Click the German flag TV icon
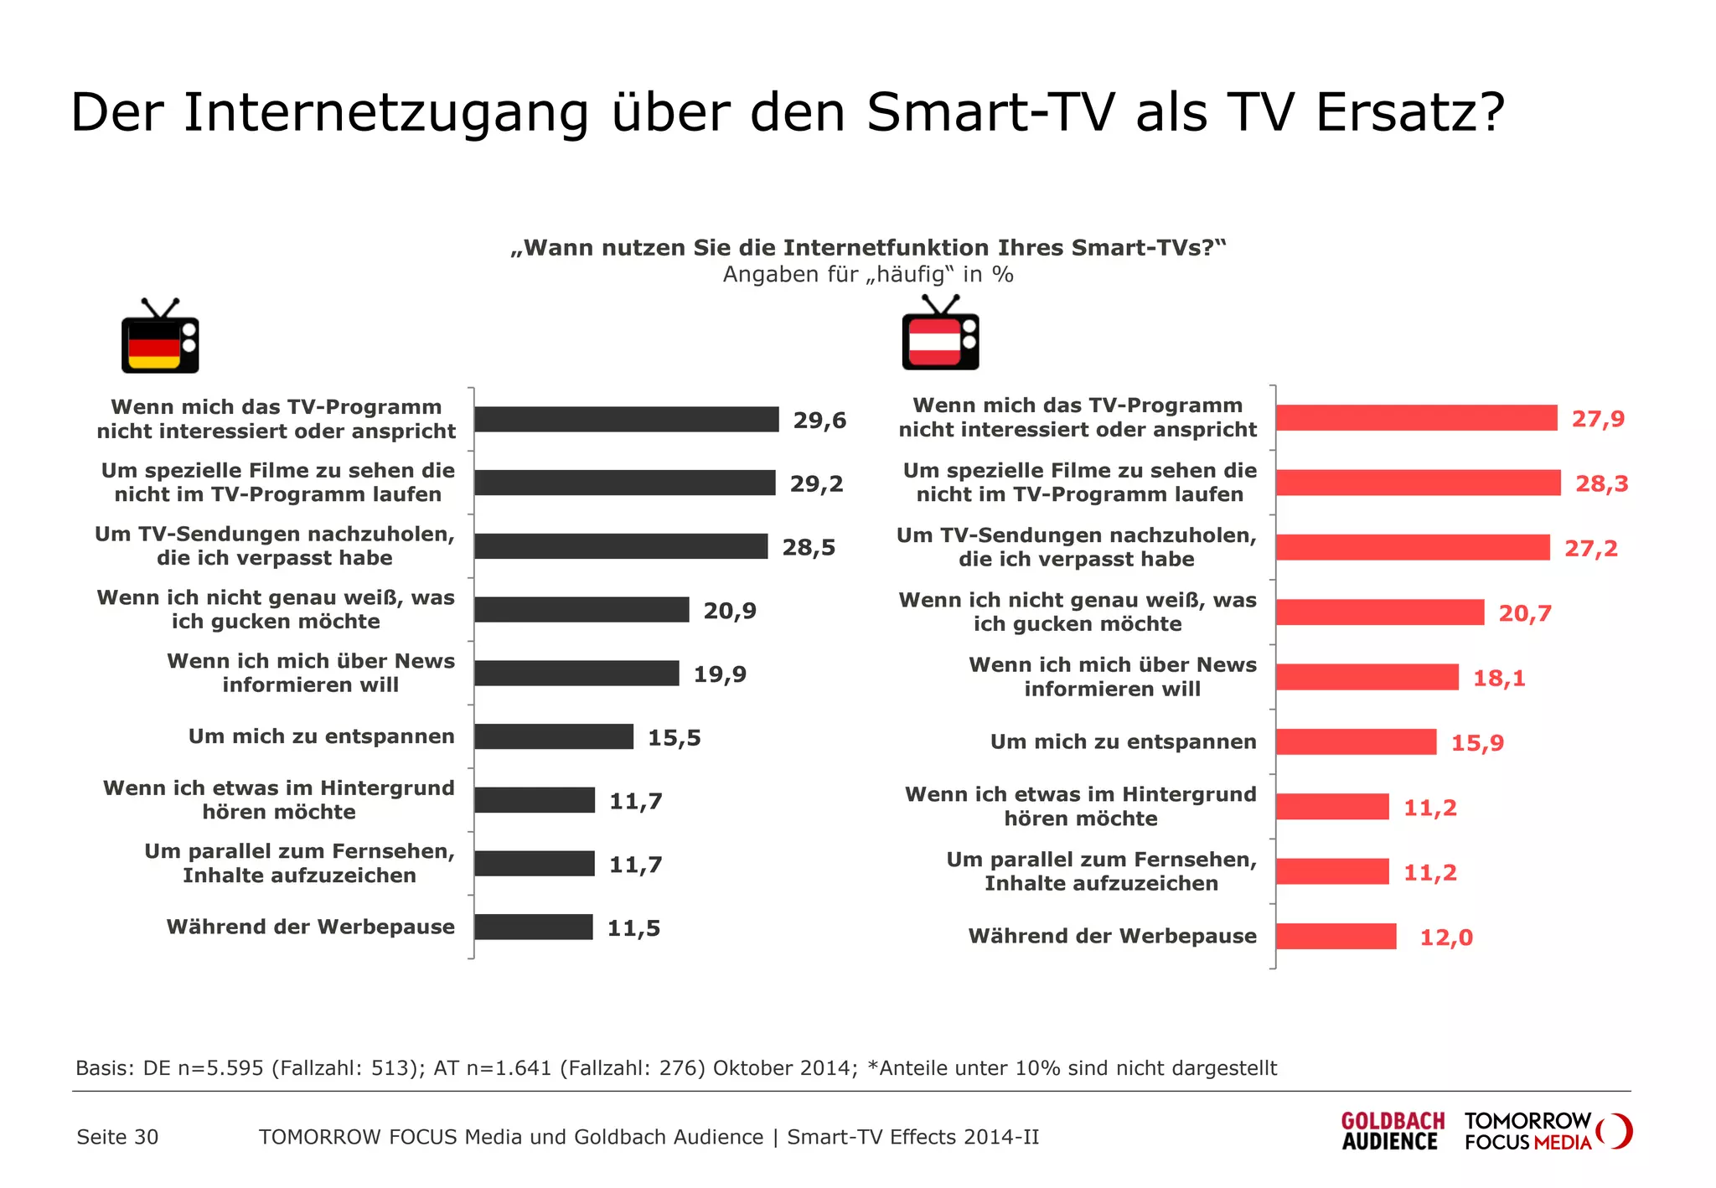click(x=160, y=338)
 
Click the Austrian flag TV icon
click(x=940, y=334)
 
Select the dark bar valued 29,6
click(x=626, y=419)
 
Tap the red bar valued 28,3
click(x=1418, y=483)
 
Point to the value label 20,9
click(x=729, y=611)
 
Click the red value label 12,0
click(x=1445, y=937)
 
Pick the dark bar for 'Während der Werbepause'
click(x=533, y=927)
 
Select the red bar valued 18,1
click(x=1367, y=677)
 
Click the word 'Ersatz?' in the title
click(x=1410, y=112)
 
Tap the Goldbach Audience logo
click(x=1392, y=1131)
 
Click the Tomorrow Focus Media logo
click(x=1547, y=1131)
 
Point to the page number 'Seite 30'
click(x=117, y=1137)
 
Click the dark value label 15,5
click(x=674, y=737)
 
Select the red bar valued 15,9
click(x=1356, y=741)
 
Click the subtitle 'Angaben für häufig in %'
click(x=868, y=275)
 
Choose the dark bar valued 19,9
click(x=576, y=673)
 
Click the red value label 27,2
click(x=1590, y=548)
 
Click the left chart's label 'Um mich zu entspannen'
click(x=321, y=736)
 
